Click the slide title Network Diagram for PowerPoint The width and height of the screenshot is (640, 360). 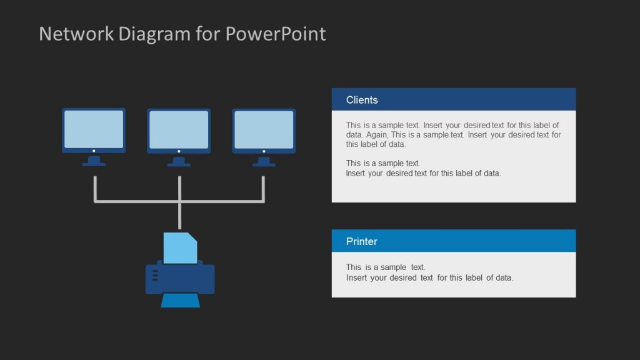(x=182, y=34)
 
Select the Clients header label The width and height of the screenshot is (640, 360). (x=362, y=100)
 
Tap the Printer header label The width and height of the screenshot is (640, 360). (x=361, y=241)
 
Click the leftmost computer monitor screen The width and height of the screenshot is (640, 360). (x=94, y=129)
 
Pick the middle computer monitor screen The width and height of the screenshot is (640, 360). (x=179, y=129)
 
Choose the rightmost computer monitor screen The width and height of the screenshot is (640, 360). (x=264, y=129)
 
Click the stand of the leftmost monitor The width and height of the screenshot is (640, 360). (x=94, y=161)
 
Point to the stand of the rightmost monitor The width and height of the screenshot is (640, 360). (x=264, y=161)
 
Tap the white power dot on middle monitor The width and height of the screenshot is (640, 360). (x=179, y=151)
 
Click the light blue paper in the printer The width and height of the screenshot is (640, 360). (x=180, y=248)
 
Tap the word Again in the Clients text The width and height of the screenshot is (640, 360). (x=377, y=134)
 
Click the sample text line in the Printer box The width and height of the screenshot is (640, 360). (x=386, y=267)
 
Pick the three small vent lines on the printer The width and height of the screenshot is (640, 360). (x=155, y=275)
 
